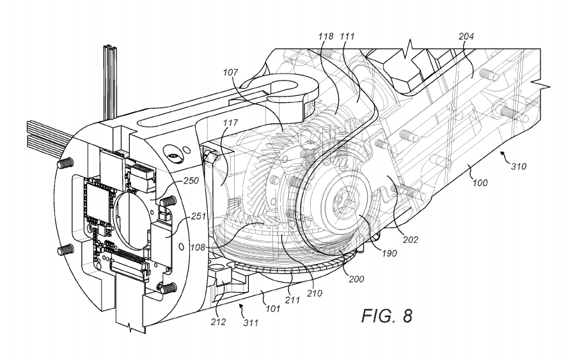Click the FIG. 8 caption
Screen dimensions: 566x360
point(386,316)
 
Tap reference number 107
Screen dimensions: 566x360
point(230,72)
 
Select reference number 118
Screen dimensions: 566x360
point(326,36)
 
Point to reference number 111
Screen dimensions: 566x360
point(347,36)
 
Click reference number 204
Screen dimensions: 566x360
point(466,36)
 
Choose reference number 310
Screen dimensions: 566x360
point(518,166)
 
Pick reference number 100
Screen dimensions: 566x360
point(480,182)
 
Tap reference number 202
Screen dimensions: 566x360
point(411,239)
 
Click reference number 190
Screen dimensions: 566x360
point(389,253)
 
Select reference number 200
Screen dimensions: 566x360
point(356,279)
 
